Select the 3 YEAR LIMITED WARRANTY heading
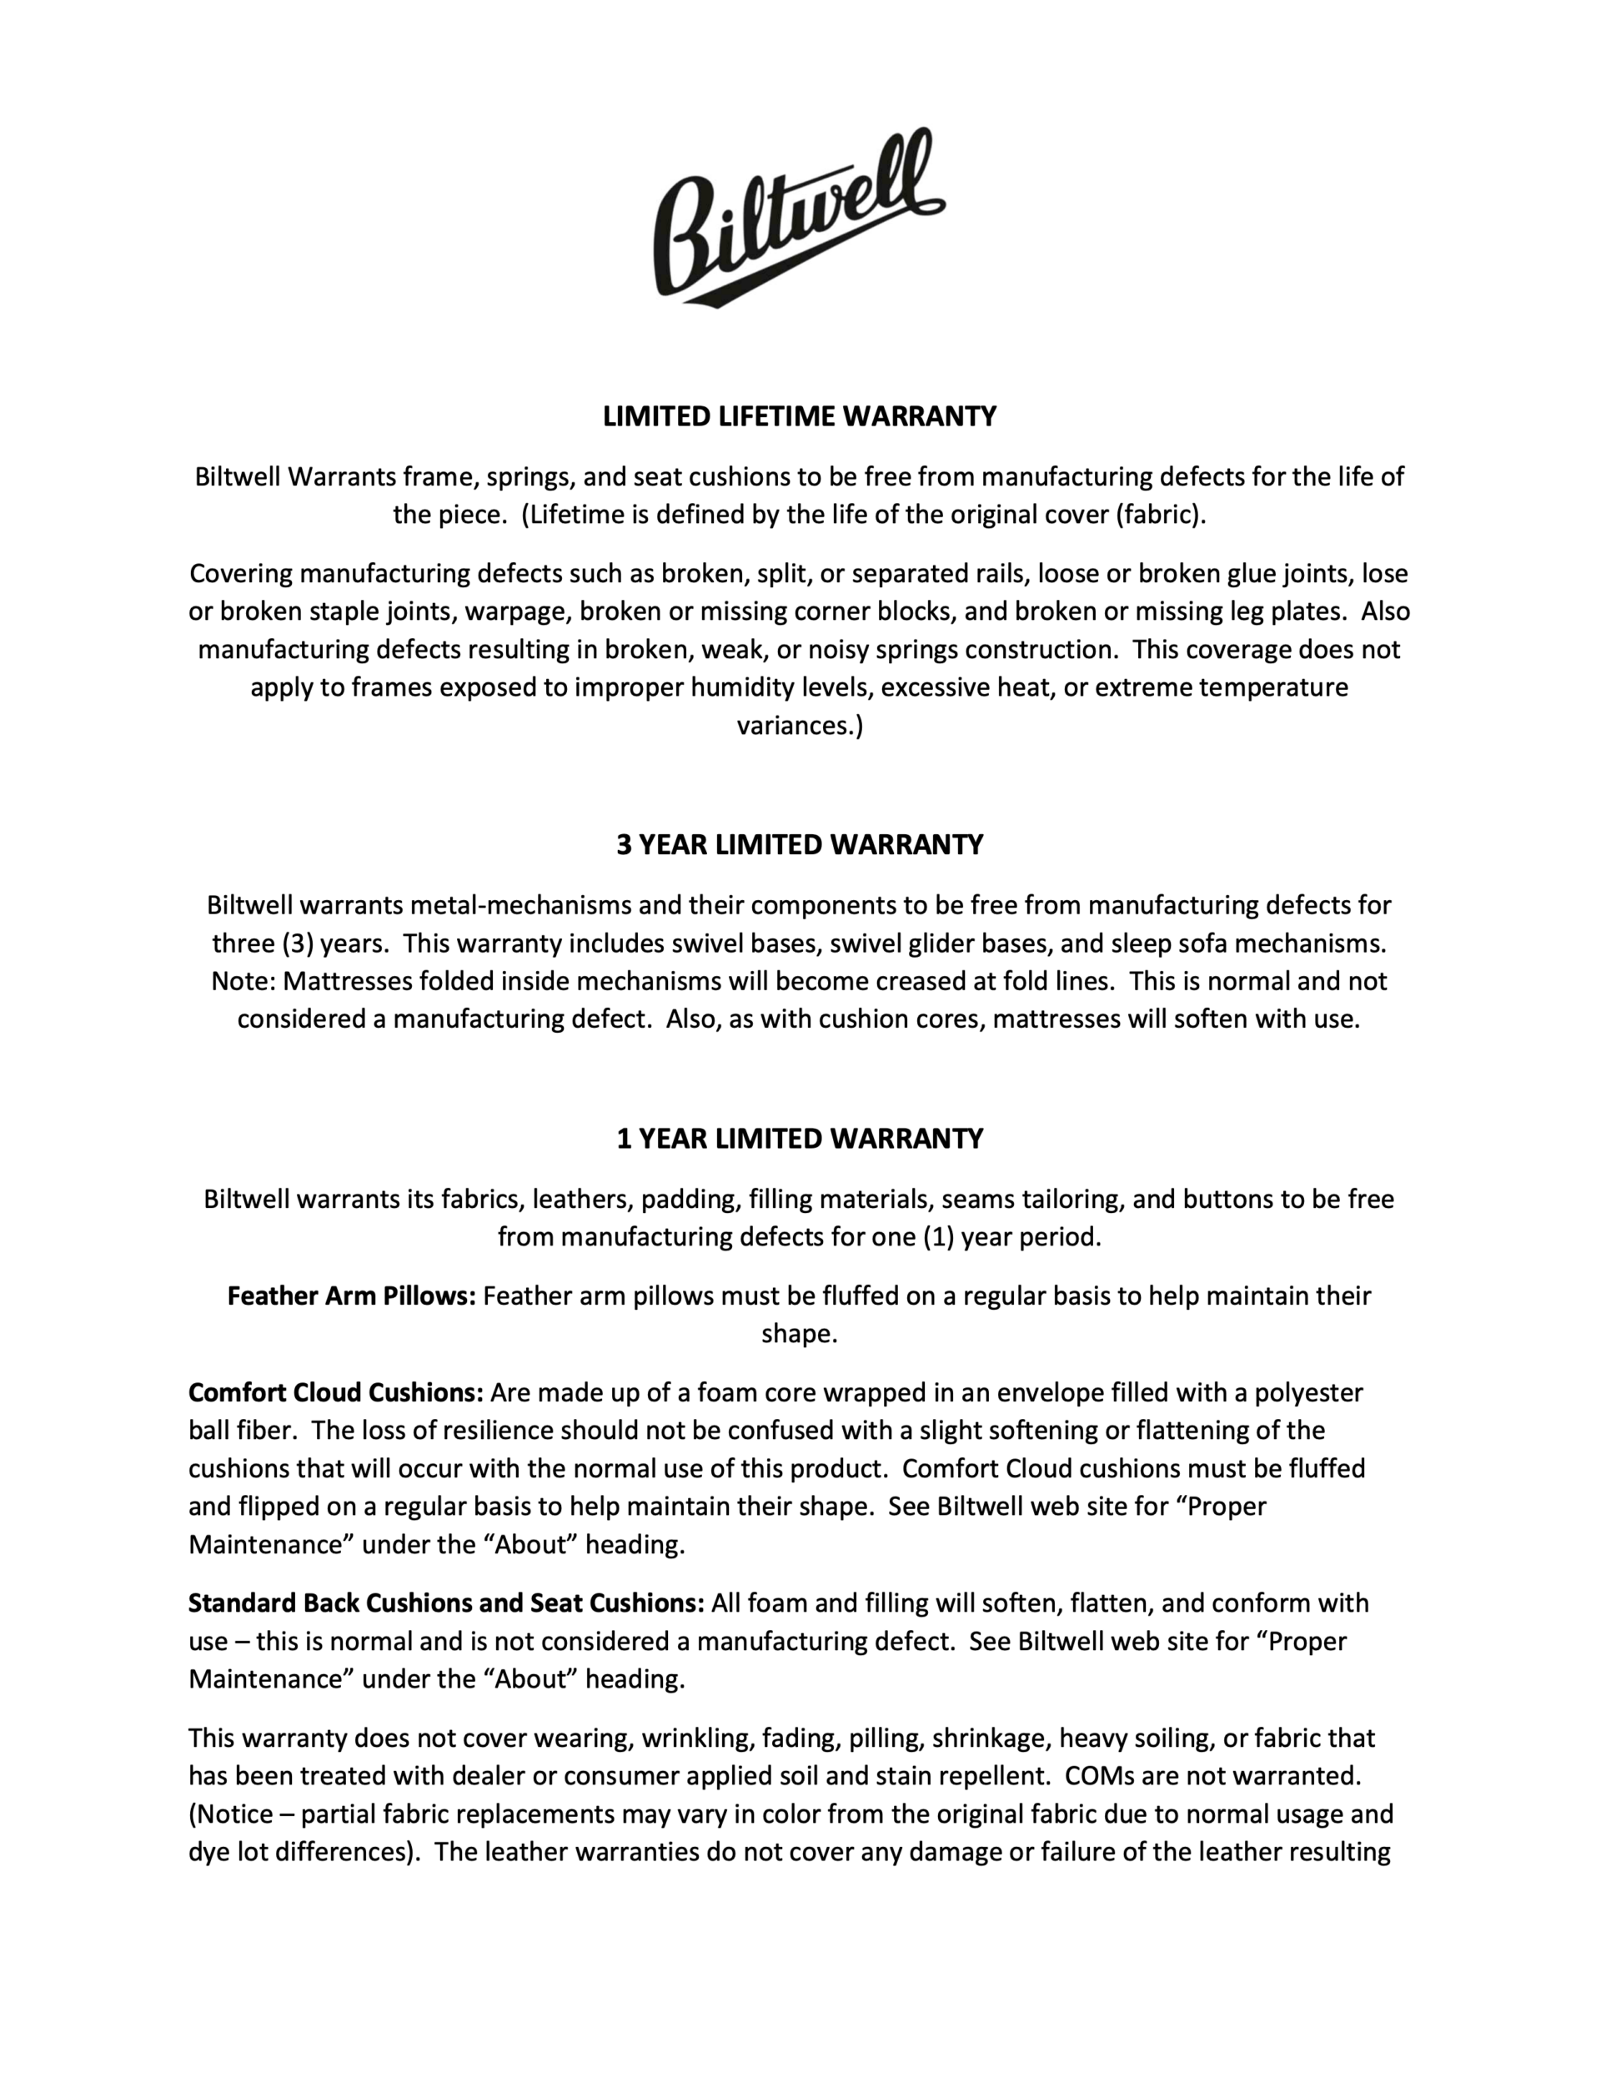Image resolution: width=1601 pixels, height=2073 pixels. pyautogui.click(x=799, y=845)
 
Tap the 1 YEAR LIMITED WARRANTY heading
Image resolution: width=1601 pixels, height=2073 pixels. pyautogui.click(x=799, y=1138)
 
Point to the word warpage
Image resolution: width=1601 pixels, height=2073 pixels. pyautogui.click(x=516, y=611)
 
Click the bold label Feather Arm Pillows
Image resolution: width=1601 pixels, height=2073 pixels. pyautogui.click(x=350, y=1296)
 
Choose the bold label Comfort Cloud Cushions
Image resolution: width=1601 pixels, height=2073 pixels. pyautogui.click(x=336, y=1393)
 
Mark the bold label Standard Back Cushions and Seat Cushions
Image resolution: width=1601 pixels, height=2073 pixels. pyautogui.click(x=446, y=1604)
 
